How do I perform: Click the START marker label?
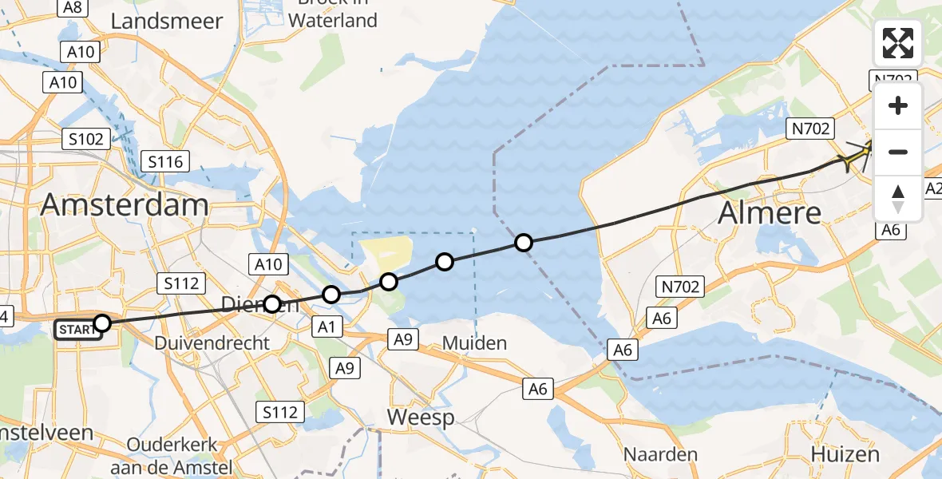click(x=78, y=330)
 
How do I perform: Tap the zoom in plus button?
click(x=898, y=105)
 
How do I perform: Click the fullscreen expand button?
click(x=898, y=43)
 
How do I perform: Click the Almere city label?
click(x=770, y=213)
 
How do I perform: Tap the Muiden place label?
click(x=474, y=343)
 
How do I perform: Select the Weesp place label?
click(x=420, y=417)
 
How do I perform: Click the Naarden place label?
click(x=660, y=455)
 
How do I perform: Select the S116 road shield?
click(x=164, y=162)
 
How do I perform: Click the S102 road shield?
click(x=85, y=139)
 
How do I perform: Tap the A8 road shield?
click(x=73, y=7)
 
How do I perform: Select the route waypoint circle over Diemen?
click(x=272, y=304)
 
